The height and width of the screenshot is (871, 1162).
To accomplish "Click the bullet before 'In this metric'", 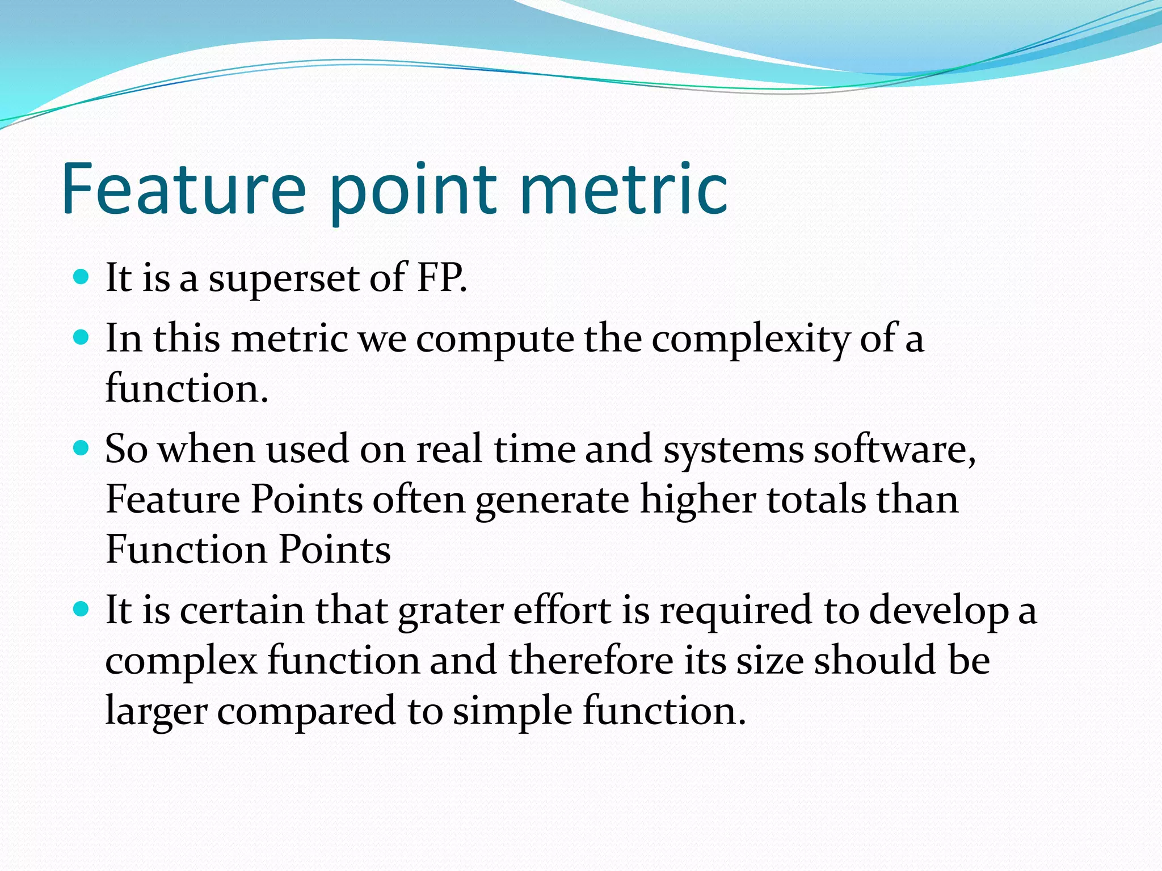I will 82,338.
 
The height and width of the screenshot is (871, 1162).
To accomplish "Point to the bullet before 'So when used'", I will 82,449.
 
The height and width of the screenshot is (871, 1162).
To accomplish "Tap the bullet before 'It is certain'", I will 82,610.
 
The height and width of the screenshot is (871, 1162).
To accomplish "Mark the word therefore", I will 591,661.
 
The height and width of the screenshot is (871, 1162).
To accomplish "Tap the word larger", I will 156,713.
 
